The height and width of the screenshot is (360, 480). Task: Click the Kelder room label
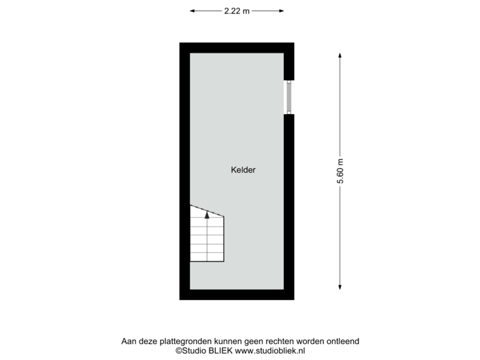[x=243, y=170]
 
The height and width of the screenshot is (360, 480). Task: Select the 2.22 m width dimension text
[x=237, y=11]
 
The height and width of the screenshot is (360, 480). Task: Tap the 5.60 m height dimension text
[x=341, y=172]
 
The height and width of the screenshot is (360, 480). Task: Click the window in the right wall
[x=289, y=97]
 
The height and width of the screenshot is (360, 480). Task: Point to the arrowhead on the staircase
[x=207, y=214]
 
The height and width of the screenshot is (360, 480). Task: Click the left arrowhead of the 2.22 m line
[x=192, y=11]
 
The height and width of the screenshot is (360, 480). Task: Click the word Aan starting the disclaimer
[x=128, y=341]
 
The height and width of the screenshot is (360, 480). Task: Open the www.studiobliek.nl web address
[x=269, y=350]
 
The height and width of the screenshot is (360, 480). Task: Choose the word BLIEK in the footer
[x=220, y=350]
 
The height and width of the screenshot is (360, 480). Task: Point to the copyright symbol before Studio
[x=178, y=350]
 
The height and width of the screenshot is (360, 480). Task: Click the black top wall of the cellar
[x=237, y=48]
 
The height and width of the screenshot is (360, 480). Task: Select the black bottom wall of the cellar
[x=237, y=295]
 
